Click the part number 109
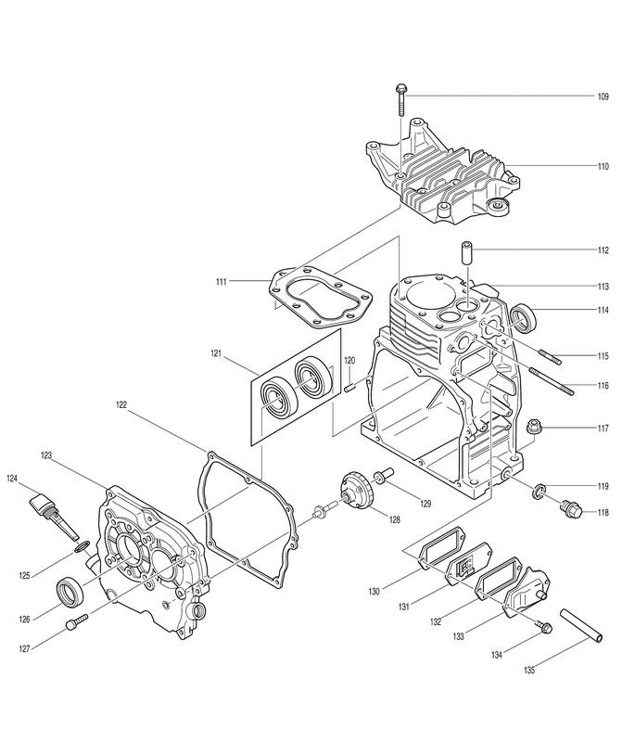[x=603, y=96]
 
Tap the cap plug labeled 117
[x=534, y=428]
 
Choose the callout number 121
[x=216, y=354]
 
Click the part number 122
[x=122, y=405]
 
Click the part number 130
[x=374, y=590]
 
